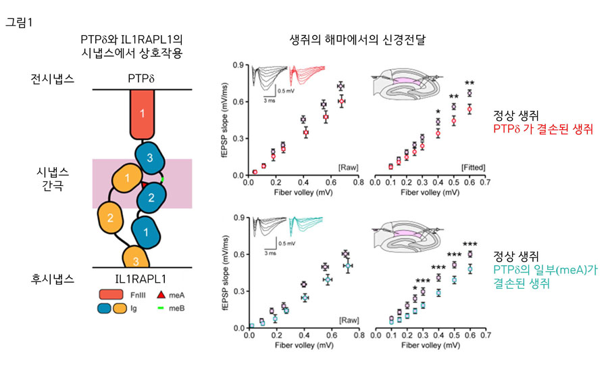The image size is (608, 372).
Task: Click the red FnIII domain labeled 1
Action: click(142, 114)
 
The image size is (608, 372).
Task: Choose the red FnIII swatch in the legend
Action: click(105, 294)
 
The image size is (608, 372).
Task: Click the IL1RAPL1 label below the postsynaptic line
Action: click(142, 278)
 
